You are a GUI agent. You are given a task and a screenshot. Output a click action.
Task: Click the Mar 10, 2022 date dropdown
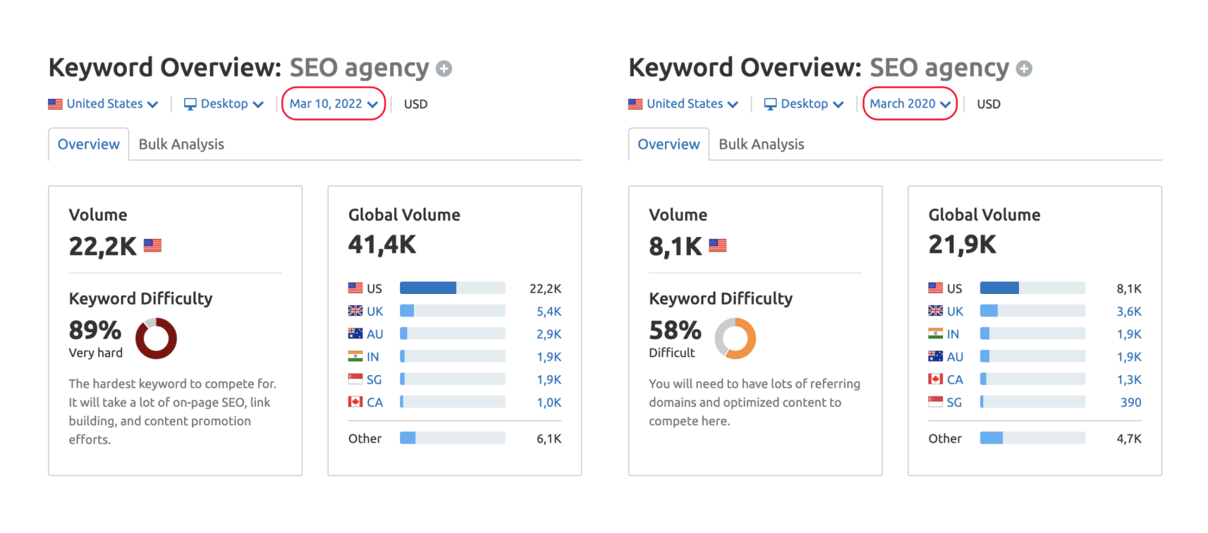[x=333, y=104]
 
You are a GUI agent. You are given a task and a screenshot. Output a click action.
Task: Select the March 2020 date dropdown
[x=910, y=104]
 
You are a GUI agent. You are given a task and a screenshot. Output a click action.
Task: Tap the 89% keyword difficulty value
[x=95, y=330]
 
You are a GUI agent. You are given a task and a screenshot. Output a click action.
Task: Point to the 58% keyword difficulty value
[x=675, y=330]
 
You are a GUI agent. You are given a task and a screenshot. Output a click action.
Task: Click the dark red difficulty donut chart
[x=156, y=338]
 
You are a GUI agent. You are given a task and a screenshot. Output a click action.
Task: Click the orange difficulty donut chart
[x=736, y=338]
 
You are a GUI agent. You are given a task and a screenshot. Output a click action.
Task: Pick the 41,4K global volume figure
[x=382, y=245]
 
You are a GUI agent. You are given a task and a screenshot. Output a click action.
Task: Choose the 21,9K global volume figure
[x=962, y=245]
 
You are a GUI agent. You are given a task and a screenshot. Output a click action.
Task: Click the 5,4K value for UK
[x=548, y=311]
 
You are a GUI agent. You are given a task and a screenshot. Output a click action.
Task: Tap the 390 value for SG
[x=1130, y=402]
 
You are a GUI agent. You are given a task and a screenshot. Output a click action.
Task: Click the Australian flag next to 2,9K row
[x=355, y=333]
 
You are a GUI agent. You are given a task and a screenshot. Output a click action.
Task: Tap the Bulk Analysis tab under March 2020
[x=761, y=144]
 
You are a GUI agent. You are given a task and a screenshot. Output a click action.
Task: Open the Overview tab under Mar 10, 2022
[x=89, y=144]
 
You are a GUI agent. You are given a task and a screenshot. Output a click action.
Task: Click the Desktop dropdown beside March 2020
[x=804, y=104]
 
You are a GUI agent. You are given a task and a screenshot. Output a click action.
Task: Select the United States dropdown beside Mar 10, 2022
[x=103, y=104]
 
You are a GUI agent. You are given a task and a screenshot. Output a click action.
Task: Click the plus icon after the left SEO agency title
[x=444, y=69]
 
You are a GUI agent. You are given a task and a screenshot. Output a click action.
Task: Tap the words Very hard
[x=96, y=353]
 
